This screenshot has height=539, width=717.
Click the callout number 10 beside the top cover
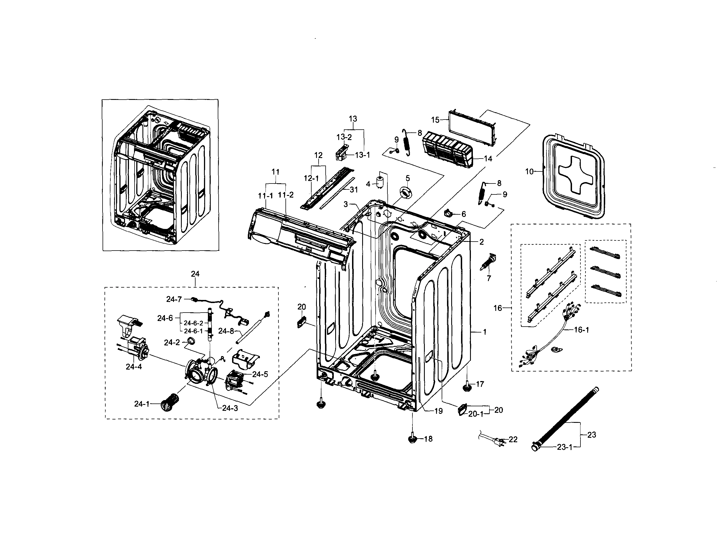click(529, 171)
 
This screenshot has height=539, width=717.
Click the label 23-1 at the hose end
click(564, 447)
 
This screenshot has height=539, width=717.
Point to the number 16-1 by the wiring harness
click(582, 330)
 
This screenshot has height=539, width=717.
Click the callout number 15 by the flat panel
click(435, 120)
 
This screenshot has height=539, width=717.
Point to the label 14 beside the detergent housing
click(488, 158)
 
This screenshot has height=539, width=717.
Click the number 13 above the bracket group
click(353, 119)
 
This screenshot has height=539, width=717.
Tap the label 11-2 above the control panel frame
click(286, 195)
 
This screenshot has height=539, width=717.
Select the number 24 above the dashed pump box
click(195, 274)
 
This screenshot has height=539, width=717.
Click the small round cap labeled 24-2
click(192, 340)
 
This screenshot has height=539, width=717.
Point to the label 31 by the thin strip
click(354, 190)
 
